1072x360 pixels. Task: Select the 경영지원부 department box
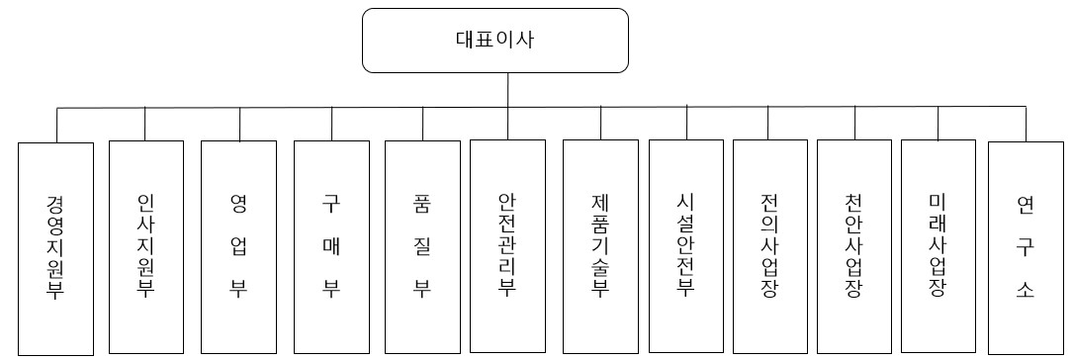(56, 247)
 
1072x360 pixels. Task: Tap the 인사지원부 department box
(145, 247)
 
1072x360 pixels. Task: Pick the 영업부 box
(237, 247)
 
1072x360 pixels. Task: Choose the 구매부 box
(331, 247)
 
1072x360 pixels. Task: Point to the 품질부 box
(422, 247)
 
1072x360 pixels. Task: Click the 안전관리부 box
(507, 247)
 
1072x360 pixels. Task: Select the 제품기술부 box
(599, 247)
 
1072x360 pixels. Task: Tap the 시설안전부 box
(686, 247)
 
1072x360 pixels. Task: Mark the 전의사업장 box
(769, 247)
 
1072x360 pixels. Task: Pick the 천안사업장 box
(853, 247)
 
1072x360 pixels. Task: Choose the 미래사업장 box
(938, 247)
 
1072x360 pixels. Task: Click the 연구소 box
(1025, 247)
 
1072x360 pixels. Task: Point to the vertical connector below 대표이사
(508, 89)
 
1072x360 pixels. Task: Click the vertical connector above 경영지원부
(56, 125)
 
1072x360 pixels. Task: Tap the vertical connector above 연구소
(1025, 124)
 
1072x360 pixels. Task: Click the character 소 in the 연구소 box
(1025, 291)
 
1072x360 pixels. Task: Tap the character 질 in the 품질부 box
(422, 247)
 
